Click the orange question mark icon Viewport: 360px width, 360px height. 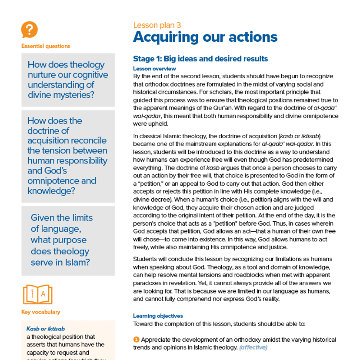pos(29,30)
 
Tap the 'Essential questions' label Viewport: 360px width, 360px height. pos(45,46)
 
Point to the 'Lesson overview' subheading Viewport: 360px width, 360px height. pos(154,69)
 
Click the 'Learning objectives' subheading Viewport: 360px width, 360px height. pos(158,316)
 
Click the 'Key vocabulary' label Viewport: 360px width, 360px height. pos(40,312)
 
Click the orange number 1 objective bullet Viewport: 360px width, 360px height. pos(136,340)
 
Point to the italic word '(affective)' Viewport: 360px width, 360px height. pos(253,347)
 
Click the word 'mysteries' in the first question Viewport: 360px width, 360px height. pos(75,95)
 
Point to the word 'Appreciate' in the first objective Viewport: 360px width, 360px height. pos(157,340)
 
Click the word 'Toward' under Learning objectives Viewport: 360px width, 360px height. pos(143,324)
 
